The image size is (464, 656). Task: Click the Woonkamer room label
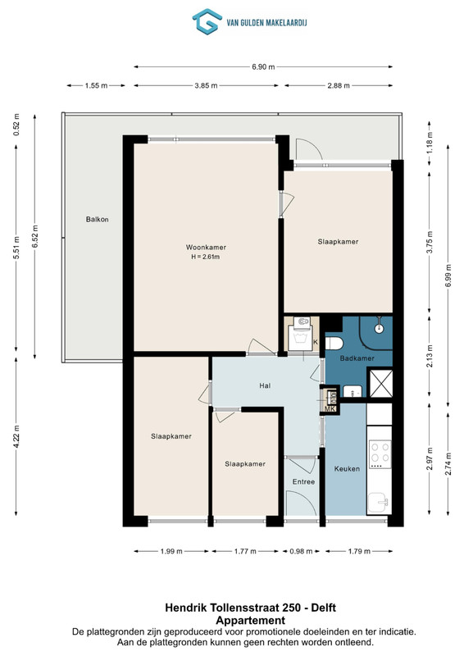(206, 248)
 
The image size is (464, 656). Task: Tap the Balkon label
(97, 219)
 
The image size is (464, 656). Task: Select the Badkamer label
(357, 358)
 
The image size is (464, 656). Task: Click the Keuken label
(347, 468)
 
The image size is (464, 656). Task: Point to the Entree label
(303, 481)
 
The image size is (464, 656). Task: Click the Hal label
(265, 385)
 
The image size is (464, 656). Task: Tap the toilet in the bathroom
(334, 343)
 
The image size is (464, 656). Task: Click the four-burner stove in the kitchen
(380, 454)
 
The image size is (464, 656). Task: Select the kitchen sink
(379, 502)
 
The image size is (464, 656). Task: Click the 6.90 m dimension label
(263, 66)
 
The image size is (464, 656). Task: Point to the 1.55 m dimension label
(96, 85)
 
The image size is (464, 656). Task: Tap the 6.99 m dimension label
(448, 276)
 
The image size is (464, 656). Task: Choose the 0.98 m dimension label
(301, 551)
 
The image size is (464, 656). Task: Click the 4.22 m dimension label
(16, 436)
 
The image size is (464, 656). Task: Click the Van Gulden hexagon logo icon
(207, 21)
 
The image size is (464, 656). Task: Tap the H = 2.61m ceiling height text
(206, 257)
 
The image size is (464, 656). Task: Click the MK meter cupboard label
(330, 408)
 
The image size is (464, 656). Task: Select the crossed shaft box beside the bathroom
(380, 383)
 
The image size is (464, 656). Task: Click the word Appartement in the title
(250, 621)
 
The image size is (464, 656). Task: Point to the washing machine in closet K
(302, 334)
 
